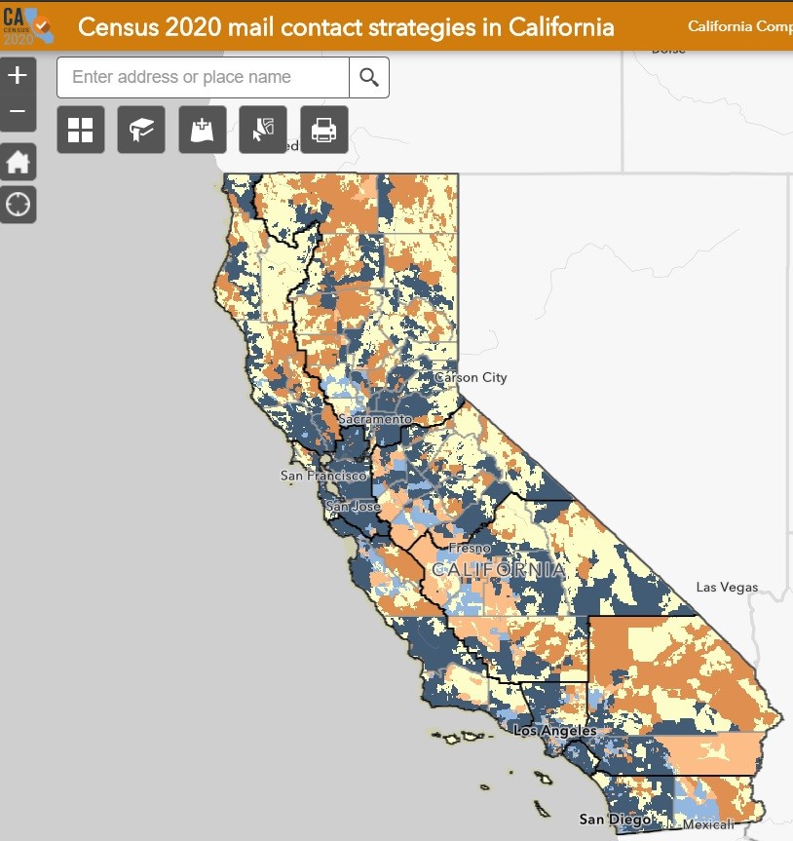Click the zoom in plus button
(x=19, y=75)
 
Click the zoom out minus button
(x=19, y=112)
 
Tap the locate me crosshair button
(x=19, y=205)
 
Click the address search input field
(x=203, y=77)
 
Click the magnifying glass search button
(x=369, y=77)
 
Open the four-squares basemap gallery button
(x=81, y=130)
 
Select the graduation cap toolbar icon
(x=141, y=130)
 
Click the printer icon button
(x=323, y=130)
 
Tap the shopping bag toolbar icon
(x=203, y=130)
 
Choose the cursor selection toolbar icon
(x=263, y=130)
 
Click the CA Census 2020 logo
(x=26, y=25)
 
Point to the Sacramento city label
(x=375, y=418)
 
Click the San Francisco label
(x=323, y=476)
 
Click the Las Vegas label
(x=726, y=588)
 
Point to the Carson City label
(x=471, y=377)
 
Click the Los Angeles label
(x=554, y=731)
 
